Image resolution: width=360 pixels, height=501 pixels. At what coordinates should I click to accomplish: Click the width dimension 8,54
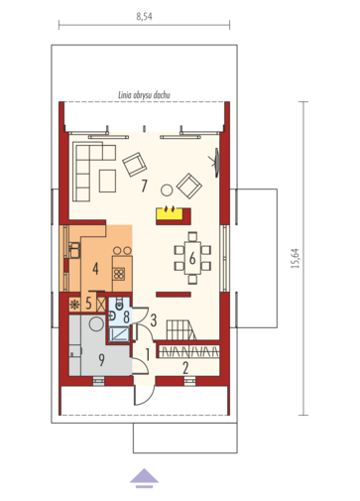tap(144, 17)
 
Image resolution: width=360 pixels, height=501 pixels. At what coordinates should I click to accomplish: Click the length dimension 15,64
tap(296, 258)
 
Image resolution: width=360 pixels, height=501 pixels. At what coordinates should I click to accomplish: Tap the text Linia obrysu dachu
tap(144, 95)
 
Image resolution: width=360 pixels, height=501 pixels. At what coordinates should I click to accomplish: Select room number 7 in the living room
tap(144, 186)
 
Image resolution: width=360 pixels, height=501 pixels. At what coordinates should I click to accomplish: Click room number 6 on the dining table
tap(192, 258)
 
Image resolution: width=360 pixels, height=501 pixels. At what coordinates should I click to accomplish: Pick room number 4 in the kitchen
tap(95, 269)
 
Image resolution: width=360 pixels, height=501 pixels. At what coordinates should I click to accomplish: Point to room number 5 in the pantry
tap(88, 304)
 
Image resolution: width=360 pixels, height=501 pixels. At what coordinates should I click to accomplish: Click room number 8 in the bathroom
tap(126, 316)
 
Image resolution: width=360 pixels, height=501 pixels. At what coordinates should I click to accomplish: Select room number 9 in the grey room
tap(101, 360)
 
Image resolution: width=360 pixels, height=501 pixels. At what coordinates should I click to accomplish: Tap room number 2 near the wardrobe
tap(185, 368)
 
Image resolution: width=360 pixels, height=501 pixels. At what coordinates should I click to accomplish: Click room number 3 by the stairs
tap(154, 320)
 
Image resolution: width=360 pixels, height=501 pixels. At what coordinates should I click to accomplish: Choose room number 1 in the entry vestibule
tap(148, 355)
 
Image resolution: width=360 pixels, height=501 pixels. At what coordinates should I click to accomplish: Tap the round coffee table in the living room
tap(167, 190)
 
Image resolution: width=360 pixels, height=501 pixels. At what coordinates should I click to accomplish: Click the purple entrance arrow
tap(144, 478)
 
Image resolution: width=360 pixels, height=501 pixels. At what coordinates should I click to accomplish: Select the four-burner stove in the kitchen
tap(119, 274)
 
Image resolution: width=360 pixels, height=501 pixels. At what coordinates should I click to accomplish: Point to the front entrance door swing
tap(145, 395)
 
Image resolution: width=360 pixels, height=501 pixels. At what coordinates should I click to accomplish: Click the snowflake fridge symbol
tap(74, 305)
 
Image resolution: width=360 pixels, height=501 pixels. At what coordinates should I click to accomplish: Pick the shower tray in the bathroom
tap(119, 334)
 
